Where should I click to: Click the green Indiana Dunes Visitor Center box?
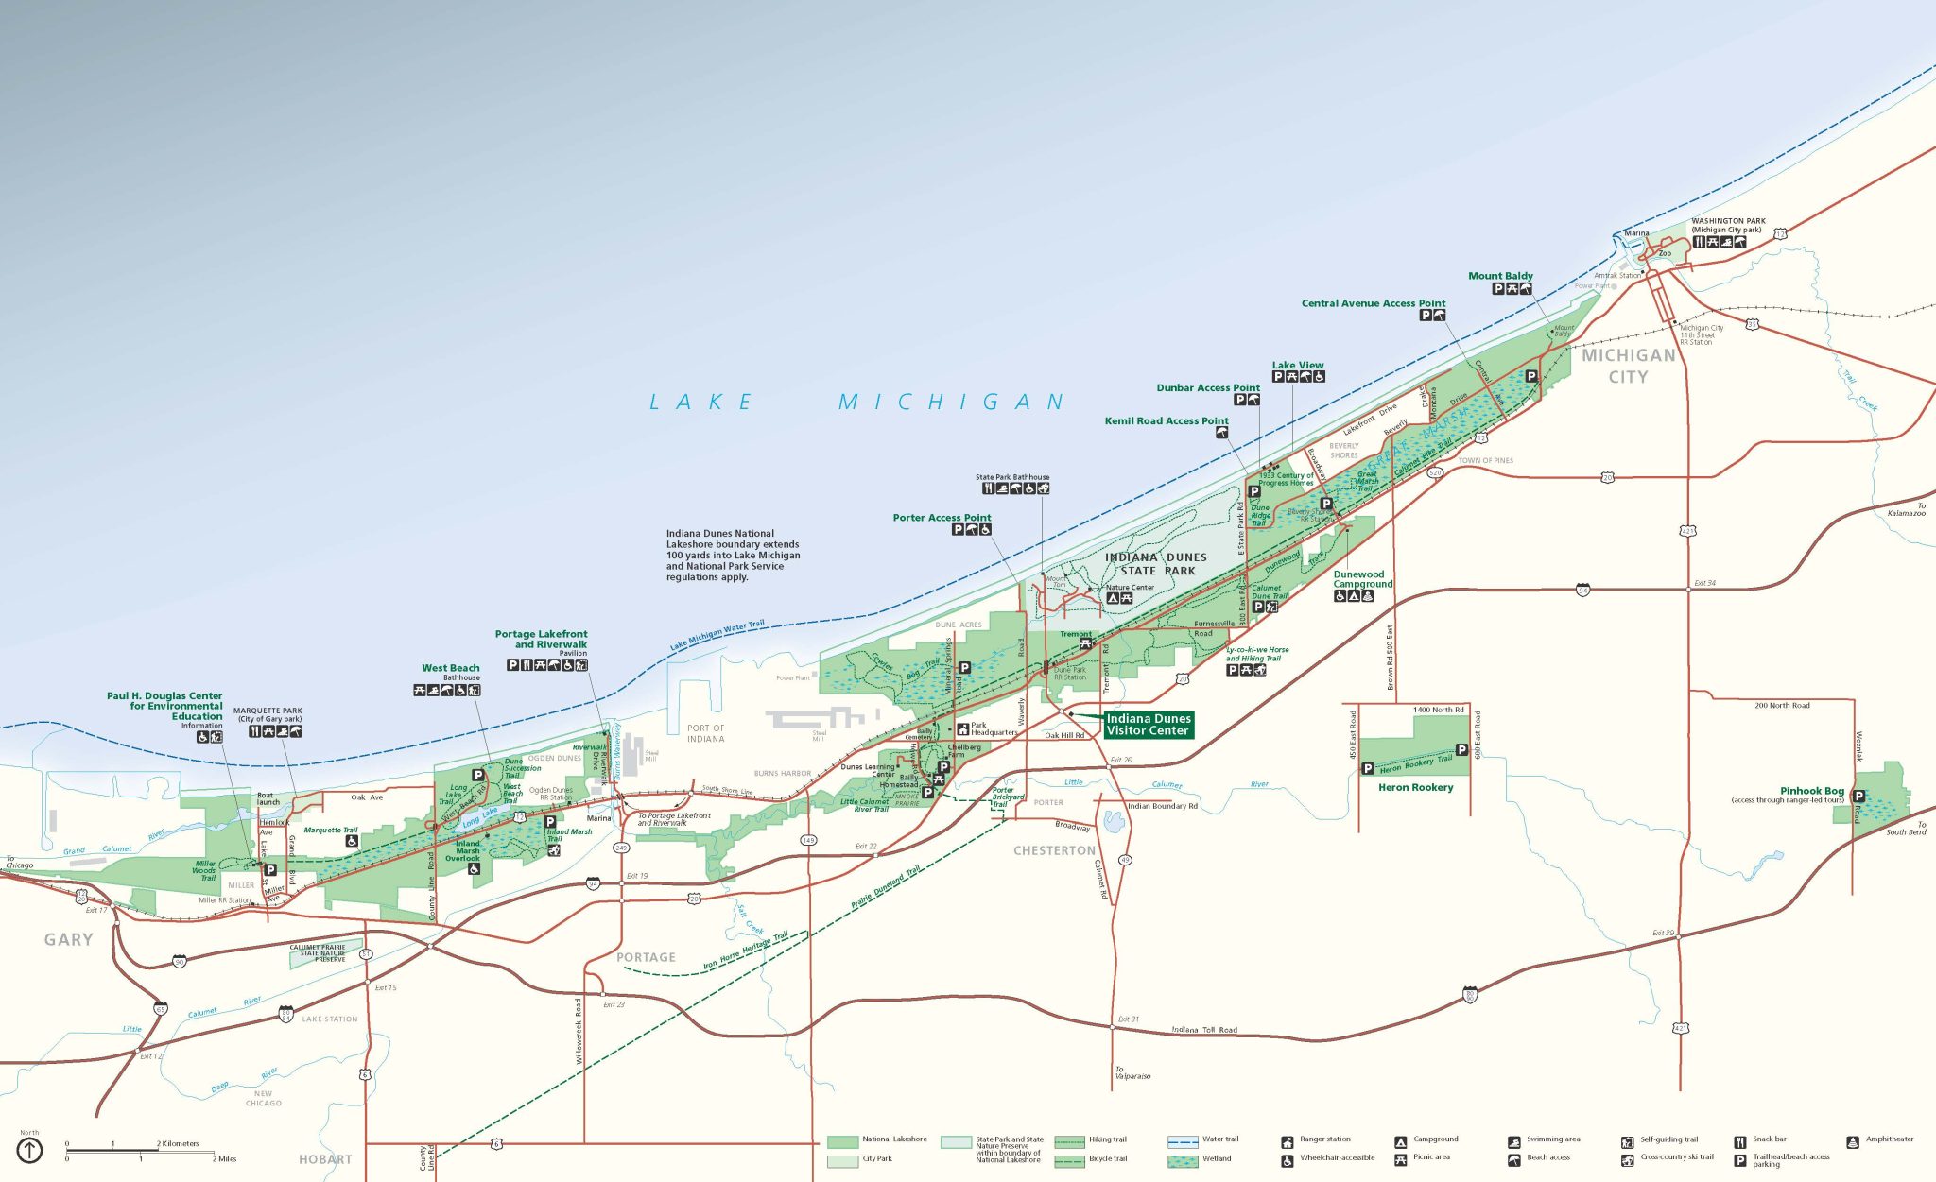click(1148, 725)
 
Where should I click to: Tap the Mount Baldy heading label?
click(1500, 276)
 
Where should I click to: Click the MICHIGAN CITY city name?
click(1628, 366)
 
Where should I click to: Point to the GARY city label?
click(69, 939)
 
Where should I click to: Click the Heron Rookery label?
click(1415, 787)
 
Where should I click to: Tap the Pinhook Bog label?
click(1811, 791)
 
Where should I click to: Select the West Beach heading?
click(450, 668)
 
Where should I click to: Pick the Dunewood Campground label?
click(1362, 579)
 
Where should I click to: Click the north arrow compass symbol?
click(30, 1150)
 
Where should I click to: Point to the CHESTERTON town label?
click(1054, 850)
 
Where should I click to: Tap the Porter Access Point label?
click(942, 518)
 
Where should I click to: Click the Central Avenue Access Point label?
click(1373, 303)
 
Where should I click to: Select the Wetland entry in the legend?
click(1216, 1158)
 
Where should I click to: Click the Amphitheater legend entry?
click(1889, 1139)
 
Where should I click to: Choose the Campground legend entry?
click(1435, 1139)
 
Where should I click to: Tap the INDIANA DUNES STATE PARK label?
click(1156, 564)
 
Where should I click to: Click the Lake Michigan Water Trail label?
click(717, 634)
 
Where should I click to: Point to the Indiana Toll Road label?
click(1204, 1030)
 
